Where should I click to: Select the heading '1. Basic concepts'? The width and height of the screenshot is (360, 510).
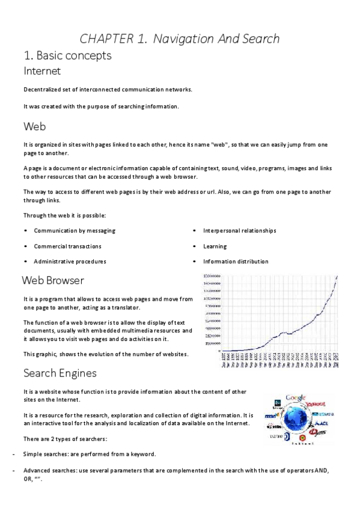click(67, 56)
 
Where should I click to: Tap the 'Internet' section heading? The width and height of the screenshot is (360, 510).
click(42, 71)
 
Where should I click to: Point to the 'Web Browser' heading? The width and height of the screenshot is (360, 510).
click(53, 280)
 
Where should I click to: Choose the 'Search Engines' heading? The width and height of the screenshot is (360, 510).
click(60, 373)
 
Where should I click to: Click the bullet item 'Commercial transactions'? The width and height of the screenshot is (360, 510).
click(67, 246)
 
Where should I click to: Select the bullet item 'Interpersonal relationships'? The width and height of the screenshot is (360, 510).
click(239, 230)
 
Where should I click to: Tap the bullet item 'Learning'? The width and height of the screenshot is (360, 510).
click(215, 246)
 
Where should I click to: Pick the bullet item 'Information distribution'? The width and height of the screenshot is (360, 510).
click(236, 262)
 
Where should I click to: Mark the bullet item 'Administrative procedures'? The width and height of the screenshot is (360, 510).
click(70, 262)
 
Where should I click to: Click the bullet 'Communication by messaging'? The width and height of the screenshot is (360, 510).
click(75, 230)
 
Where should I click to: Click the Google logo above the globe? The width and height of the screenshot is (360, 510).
click(296, 398)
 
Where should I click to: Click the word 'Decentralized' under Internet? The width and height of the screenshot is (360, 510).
click(43, 90)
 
